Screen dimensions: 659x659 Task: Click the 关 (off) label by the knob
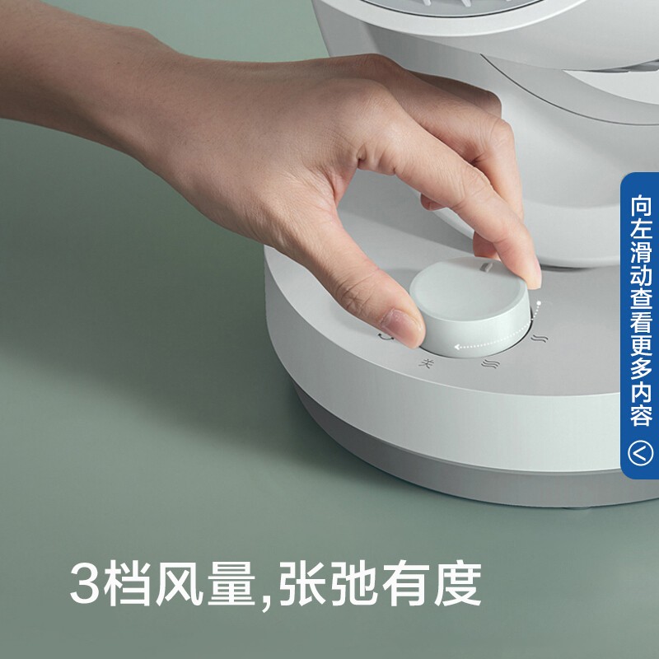[426, 363]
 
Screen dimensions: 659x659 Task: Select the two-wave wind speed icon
[540, 338]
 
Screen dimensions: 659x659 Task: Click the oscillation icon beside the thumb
[385, 336]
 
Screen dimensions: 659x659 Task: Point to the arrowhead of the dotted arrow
[458, 347]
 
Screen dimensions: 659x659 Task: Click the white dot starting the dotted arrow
[539, 302]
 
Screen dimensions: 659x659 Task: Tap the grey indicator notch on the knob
[488, 266]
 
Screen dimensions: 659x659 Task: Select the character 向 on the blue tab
[641, 205]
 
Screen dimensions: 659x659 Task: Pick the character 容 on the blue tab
[641, 415]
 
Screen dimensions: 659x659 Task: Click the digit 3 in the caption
[85, 584]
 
